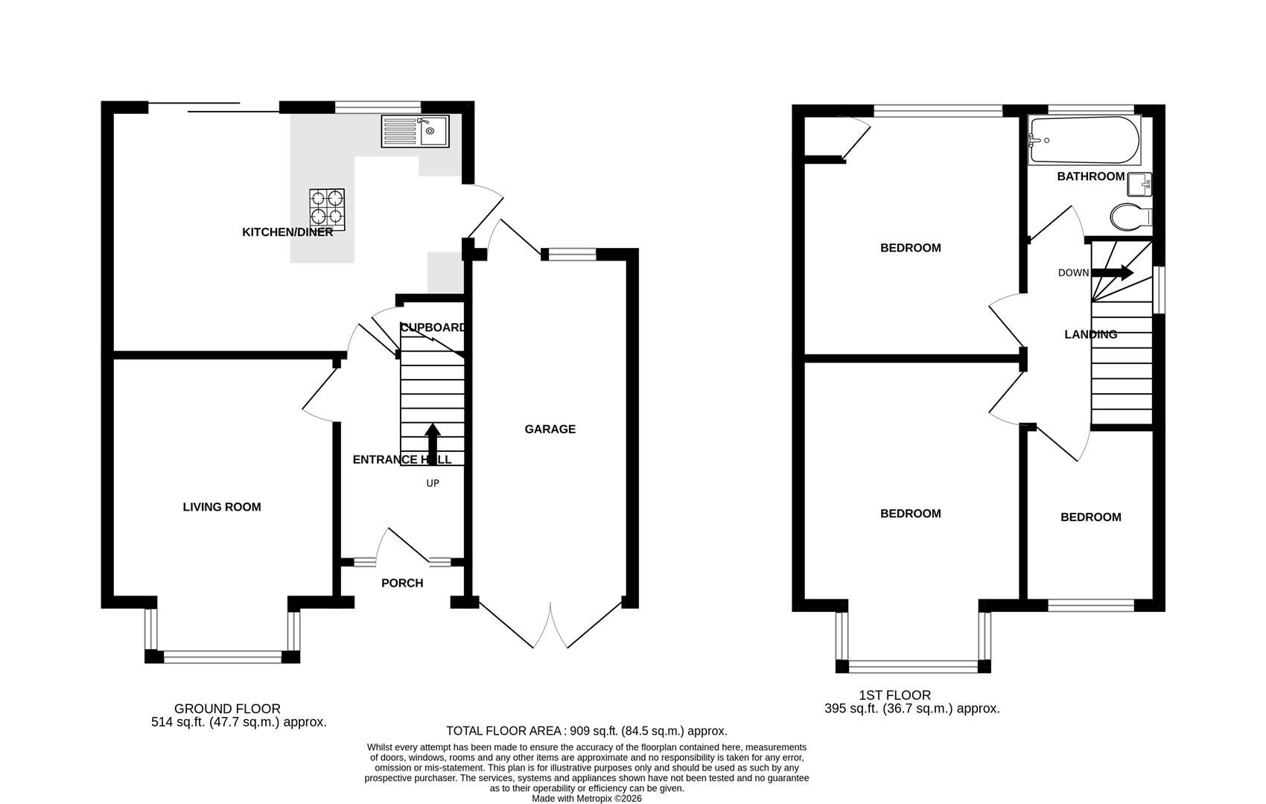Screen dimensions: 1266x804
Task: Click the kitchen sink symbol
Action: pos(415,131)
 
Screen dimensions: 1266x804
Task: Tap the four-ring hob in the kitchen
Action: pos(327,209)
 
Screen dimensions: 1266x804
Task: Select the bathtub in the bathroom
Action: pos(1084,139)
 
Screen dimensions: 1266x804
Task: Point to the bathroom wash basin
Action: pos(1139,184)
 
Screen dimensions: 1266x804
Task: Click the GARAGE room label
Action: pos(550,430)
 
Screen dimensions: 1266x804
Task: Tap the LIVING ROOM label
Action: pos(222,508)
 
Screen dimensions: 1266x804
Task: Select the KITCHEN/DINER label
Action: pos(287,232)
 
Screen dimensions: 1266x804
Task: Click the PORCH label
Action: pos(402,583)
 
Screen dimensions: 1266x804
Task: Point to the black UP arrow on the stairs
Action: pos(433,444)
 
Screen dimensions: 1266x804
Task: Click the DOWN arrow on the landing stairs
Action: pos(1113,273)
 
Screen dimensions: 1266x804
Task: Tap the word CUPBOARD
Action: pos(433,328)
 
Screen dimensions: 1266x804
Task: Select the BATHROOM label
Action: pos(1091,176)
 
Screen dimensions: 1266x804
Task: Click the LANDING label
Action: pos(1091,334)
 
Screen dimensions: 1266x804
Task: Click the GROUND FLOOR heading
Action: pos(227,709)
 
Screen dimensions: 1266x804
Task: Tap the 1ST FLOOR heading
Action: pos(894,695)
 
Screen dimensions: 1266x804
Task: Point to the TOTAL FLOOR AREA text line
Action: pos(587,730)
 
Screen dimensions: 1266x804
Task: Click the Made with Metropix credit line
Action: pos(587,798)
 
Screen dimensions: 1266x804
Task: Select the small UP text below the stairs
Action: pos(433,483)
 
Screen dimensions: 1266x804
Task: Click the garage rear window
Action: pos(572,255)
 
